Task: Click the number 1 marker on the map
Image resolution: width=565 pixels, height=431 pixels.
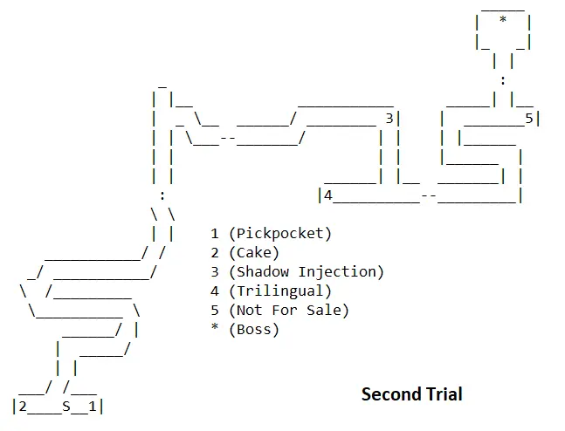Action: [x=92, y=406]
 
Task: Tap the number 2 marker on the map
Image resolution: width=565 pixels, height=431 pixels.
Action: [x=23, y=406]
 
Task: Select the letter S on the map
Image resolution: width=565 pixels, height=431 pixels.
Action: [x=66, y=406]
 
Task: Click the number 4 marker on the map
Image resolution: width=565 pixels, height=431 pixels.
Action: [x=329, y=195]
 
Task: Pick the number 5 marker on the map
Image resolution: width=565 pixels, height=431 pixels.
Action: [x=528, y=118]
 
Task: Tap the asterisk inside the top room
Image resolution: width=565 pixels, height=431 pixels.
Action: [x=503, y=22]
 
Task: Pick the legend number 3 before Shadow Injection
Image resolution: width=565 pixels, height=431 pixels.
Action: [x=215, y=272]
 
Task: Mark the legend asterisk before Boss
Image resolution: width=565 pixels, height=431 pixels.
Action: [x=215, y=328]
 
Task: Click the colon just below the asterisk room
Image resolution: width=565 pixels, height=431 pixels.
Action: [x=503, y=79]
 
